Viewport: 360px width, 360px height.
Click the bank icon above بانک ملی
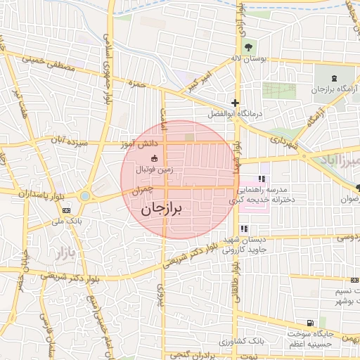click(x=67, y=210)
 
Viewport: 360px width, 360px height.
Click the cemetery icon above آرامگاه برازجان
click(x=335, y=77)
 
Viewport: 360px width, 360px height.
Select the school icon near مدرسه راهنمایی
click(x=262, y=179)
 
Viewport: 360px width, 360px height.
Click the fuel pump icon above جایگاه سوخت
click(x=310, y=322)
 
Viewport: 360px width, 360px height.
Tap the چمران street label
click(x=141, y=190)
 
